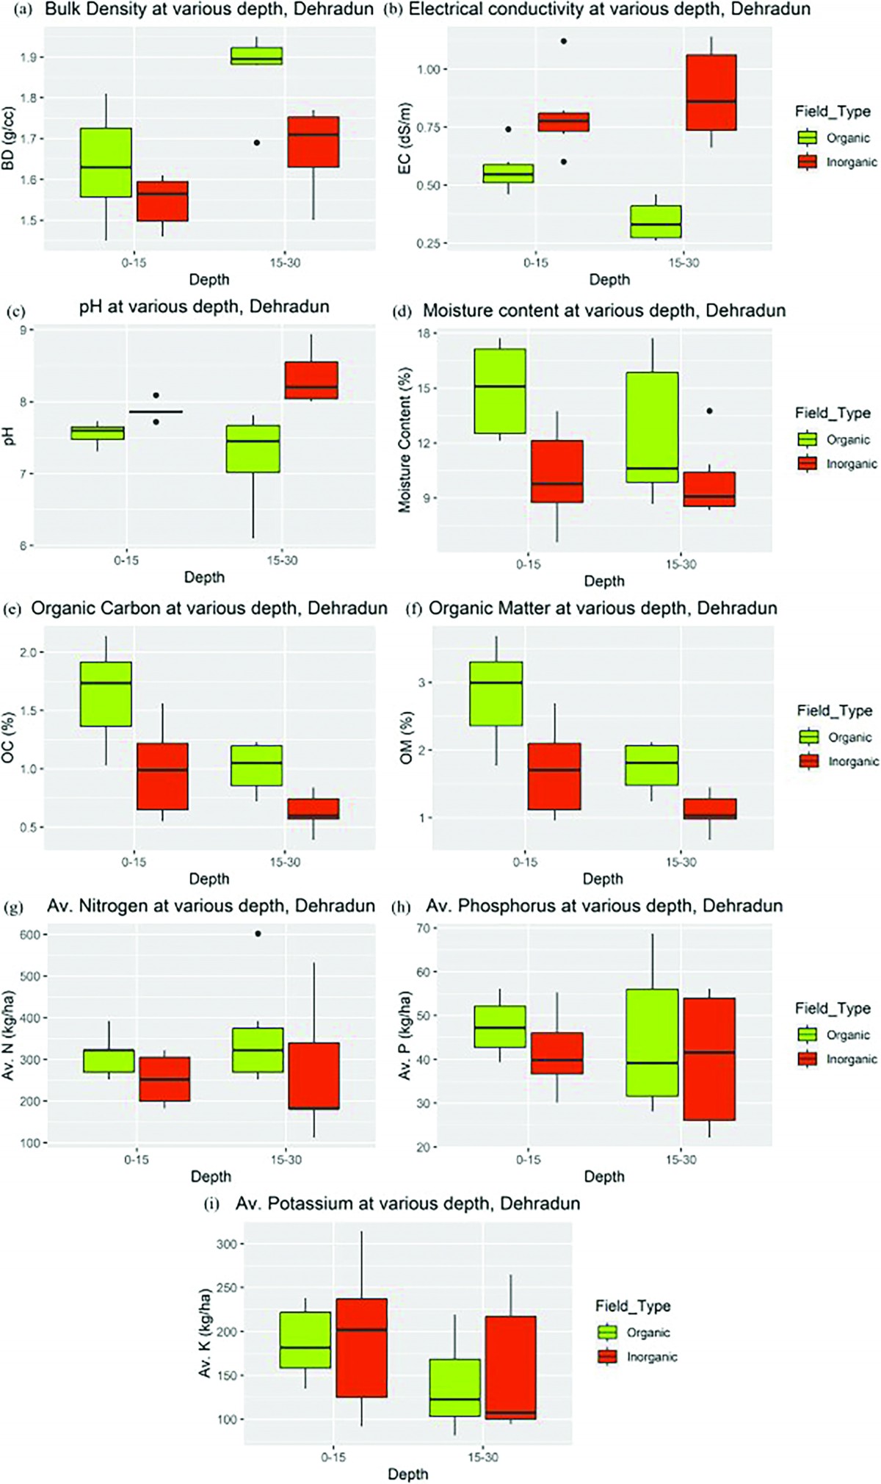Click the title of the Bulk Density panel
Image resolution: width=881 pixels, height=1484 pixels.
(x=209, y=10)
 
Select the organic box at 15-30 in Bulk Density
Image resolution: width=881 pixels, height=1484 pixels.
(x=256, y=57)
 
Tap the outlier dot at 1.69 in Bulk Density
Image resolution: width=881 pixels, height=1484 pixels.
(x=257, y=143)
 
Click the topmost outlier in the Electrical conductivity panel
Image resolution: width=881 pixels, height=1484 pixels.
(x=564, y=41)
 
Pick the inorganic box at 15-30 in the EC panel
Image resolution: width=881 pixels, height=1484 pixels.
(x=711, y=93)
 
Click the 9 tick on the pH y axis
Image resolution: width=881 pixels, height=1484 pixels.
(x=23, y=331)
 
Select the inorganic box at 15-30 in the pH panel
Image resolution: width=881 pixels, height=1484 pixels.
(x=311, y=381)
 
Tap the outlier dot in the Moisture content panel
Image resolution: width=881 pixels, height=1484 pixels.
(x=709, y=411)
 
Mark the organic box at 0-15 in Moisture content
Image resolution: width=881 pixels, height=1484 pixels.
(x=500, y=391)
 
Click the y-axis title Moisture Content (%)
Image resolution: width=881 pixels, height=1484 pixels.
(x=405, y=439)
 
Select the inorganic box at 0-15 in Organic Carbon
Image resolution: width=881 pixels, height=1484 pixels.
(x=162, y=777)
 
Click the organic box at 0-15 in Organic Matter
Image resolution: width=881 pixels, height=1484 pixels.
(x=496, y=694)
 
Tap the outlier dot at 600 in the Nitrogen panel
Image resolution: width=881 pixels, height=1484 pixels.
(x=258, y=934)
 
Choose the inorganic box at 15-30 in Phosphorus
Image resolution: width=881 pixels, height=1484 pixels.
(x=709, y=1059)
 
